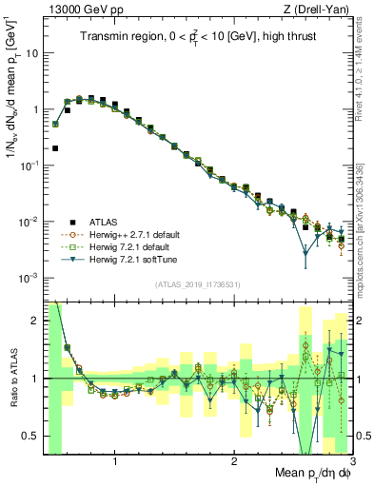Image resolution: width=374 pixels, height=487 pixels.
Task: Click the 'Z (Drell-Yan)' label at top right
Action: tap(322, 10)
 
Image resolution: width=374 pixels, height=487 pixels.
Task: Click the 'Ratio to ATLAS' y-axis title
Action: tap(14, 378)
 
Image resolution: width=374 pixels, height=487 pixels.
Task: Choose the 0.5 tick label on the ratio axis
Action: tap(31, 436)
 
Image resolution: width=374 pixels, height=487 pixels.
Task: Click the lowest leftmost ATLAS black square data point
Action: tap(55, 148)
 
